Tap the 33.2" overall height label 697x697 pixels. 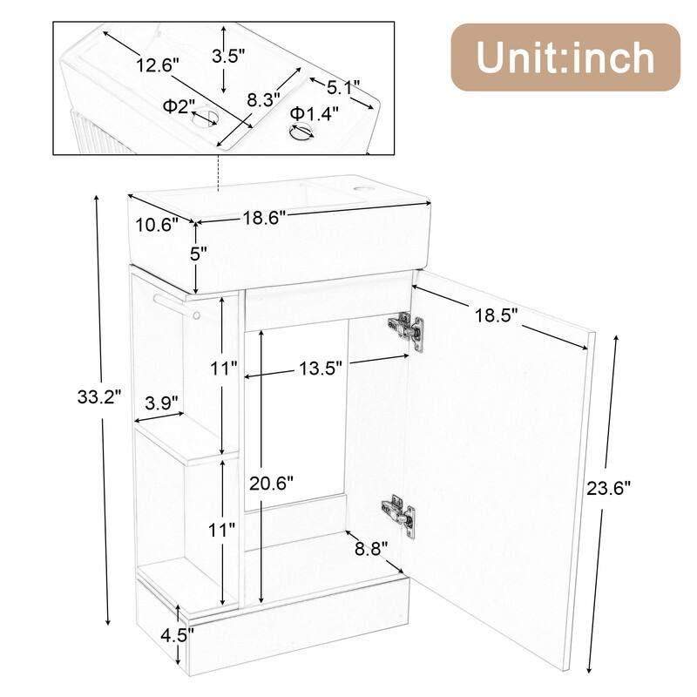98,398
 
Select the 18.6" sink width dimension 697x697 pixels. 264,219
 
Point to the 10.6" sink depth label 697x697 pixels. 159,224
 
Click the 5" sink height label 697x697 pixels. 199,254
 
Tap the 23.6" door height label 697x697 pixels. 607,489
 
